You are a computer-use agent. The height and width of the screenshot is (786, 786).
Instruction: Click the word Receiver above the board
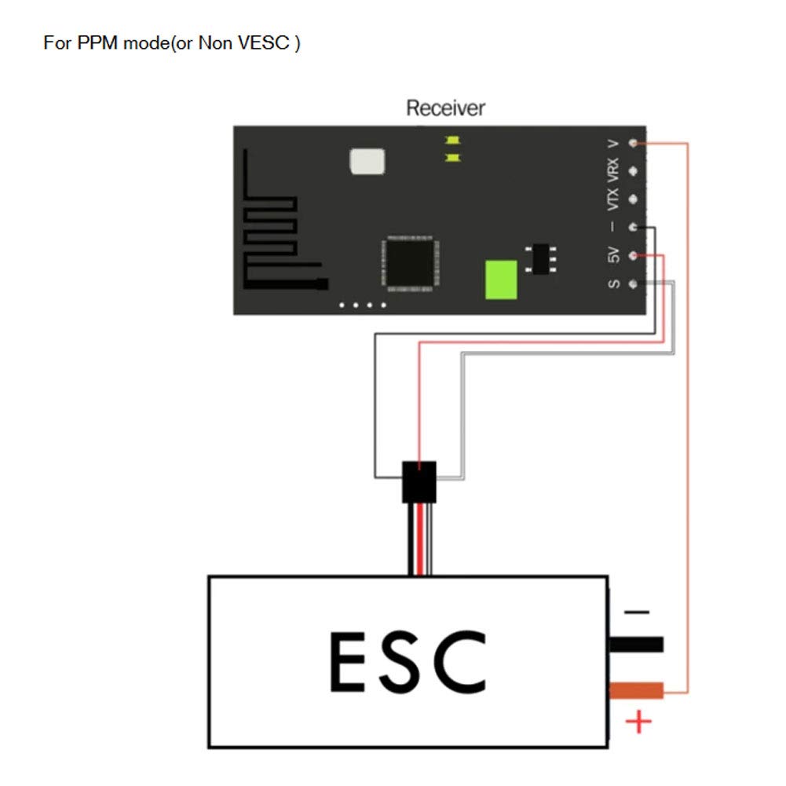445,108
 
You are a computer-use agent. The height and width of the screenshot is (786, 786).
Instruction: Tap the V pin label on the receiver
614,144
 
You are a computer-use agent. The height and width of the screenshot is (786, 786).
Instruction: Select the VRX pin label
614,169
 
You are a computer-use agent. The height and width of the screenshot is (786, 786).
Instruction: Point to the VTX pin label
614,199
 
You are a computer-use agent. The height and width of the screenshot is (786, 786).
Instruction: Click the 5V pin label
614,256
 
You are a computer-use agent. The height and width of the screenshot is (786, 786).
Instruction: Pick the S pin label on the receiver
614,283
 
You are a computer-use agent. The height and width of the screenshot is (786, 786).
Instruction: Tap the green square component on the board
501,280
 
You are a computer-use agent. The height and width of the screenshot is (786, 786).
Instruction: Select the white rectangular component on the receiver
367,161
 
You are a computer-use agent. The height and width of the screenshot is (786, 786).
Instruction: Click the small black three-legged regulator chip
541,258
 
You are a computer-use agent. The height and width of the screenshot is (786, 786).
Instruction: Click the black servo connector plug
419,481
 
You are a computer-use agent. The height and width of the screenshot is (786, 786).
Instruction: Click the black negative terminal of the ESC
636,645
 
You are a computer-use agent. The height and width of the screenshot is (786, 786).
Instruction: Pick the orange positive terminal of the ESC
636,691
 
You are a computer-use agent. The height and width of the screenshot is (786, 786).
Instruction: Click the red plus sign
640,722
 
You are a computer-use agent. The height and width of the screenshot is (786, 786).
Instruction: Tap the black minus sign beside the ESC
636,612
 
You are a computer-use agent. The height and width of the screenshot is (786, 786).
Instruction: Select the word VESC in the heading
265,42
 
